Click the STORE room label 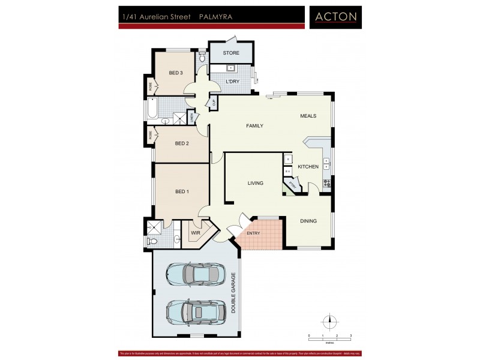231,53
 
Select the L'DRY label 232,82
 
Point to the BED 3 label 175,73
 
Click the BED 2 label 182,143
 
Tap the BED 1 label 182,191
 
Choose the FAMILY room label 255,125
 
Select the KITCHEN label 308,167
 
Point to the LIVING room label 256,183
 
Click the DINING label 308,221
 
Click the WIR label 195,232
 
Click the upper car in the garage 196,275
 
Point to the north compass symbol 328,320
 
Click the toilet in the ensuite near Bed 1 152,241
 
